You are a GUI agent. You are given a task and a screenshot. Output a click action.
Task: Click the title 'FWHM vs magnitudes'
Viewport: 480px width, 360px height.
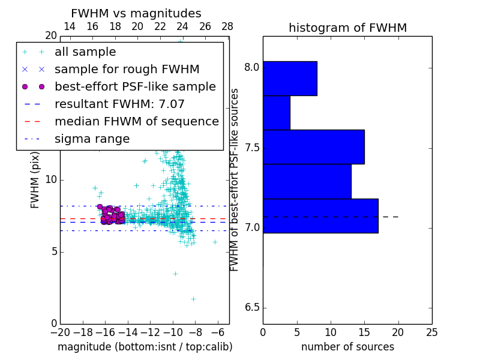(x=136, y=14)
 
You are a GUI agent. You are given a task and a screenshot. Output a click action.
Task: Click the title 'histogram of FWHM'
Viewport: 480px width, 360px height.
(x=347, y=28)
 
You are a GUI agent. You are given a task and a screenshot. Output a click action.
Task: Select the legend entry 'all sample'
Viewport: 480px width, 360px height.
(x=85, y=52)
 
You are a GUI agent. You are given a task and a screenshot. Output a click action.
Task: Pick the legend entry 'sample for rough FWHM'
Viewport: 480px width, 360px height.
(x=127, y=70)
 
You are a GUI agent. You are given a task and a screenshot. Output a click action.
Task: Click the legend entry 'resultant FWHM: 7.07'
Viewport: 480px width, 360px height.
(x=119, y=104)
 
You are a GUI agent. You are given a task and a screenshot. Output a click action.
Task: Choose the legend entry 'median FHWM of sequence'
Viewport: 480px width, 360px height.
(x=136, y=122)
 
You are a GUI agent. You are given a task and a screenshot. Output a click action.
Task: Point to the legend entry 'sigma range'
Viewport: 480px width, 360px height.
(x=92, y=139)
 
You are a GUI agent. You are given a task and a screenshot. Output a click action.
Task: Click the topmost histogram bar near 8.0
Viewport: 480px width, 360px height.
(x=290, y=79)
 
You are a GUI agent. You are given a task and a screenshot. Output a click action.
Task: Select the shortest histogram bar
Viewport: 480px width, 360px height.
(x=277, y=113)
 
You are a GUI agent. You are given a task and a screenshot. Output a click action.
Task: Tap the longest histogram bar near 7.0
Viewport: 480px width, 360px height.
(x=320, y=216)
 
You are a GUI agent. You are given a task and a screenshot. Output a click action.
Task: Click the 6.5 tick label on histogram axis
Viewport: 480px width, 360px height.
(x=251, y=308)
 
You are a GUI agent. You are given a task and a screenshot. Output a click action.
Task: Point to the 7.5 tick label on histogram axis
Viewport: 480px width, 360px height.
(x=251, y=148)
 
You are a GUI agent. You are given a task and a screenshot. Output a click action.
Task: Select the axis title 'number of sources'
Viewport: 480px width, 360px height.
(x=347, y=347)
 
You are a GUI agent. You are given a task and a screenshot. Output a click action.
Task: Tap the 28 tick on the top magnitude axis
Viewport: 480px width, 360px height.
(x=227, y=26)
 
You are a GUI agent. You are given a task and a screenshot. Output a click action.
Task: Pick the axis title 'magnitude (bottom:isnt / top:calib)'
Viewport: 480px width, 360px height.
(x=145, y=347)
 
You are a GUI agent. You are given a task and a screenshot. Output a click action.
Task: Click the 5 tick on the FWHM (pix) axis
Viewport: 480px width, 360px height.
(x=52, y=251)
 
